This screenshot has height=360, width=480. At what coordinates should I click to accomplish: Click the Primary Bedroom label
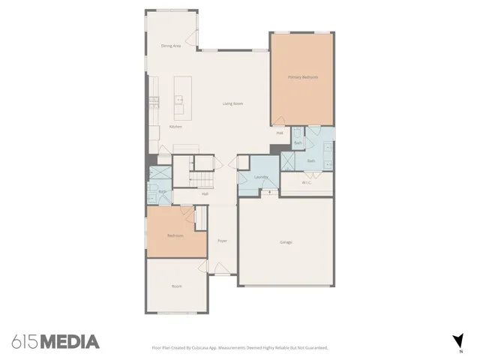coord(303,77)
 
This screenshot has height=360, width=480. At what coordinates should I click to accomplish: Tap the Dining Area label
coord(172,46)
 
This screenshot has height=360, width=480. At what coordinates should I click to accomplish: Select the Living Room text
coord(232,103)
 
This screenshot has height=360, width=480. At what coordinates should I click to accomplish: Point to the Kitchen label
coord(175,127)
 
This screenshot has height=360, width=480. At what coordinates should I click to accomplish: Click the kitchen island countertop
coord(180,97)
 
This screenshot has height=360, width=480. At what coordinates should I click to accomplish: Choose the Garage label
coord(286,242)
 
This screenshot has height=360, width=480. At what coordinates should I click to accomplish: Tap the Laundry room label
coord(261,177)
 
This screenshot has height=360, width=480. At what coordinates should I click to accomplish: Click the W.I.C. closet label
coord(307,182)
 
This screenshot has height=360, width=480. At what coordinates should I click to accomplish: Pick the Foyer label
coord(222,241)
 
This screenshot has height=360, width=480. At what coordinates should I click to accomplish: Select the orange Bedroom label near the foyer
coord(175,235)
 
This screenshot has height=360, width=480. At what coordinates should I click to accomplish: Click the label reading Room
coord(177,286)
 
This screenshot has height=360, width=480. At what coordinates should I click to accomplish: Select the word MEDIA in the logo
coord(69,342)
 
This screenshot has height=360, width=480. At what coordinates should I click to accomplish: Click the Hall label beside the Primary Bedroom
coord(280,133)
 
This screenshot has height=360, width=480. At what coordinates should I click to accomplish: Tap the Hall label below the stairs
coord(205,194)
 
